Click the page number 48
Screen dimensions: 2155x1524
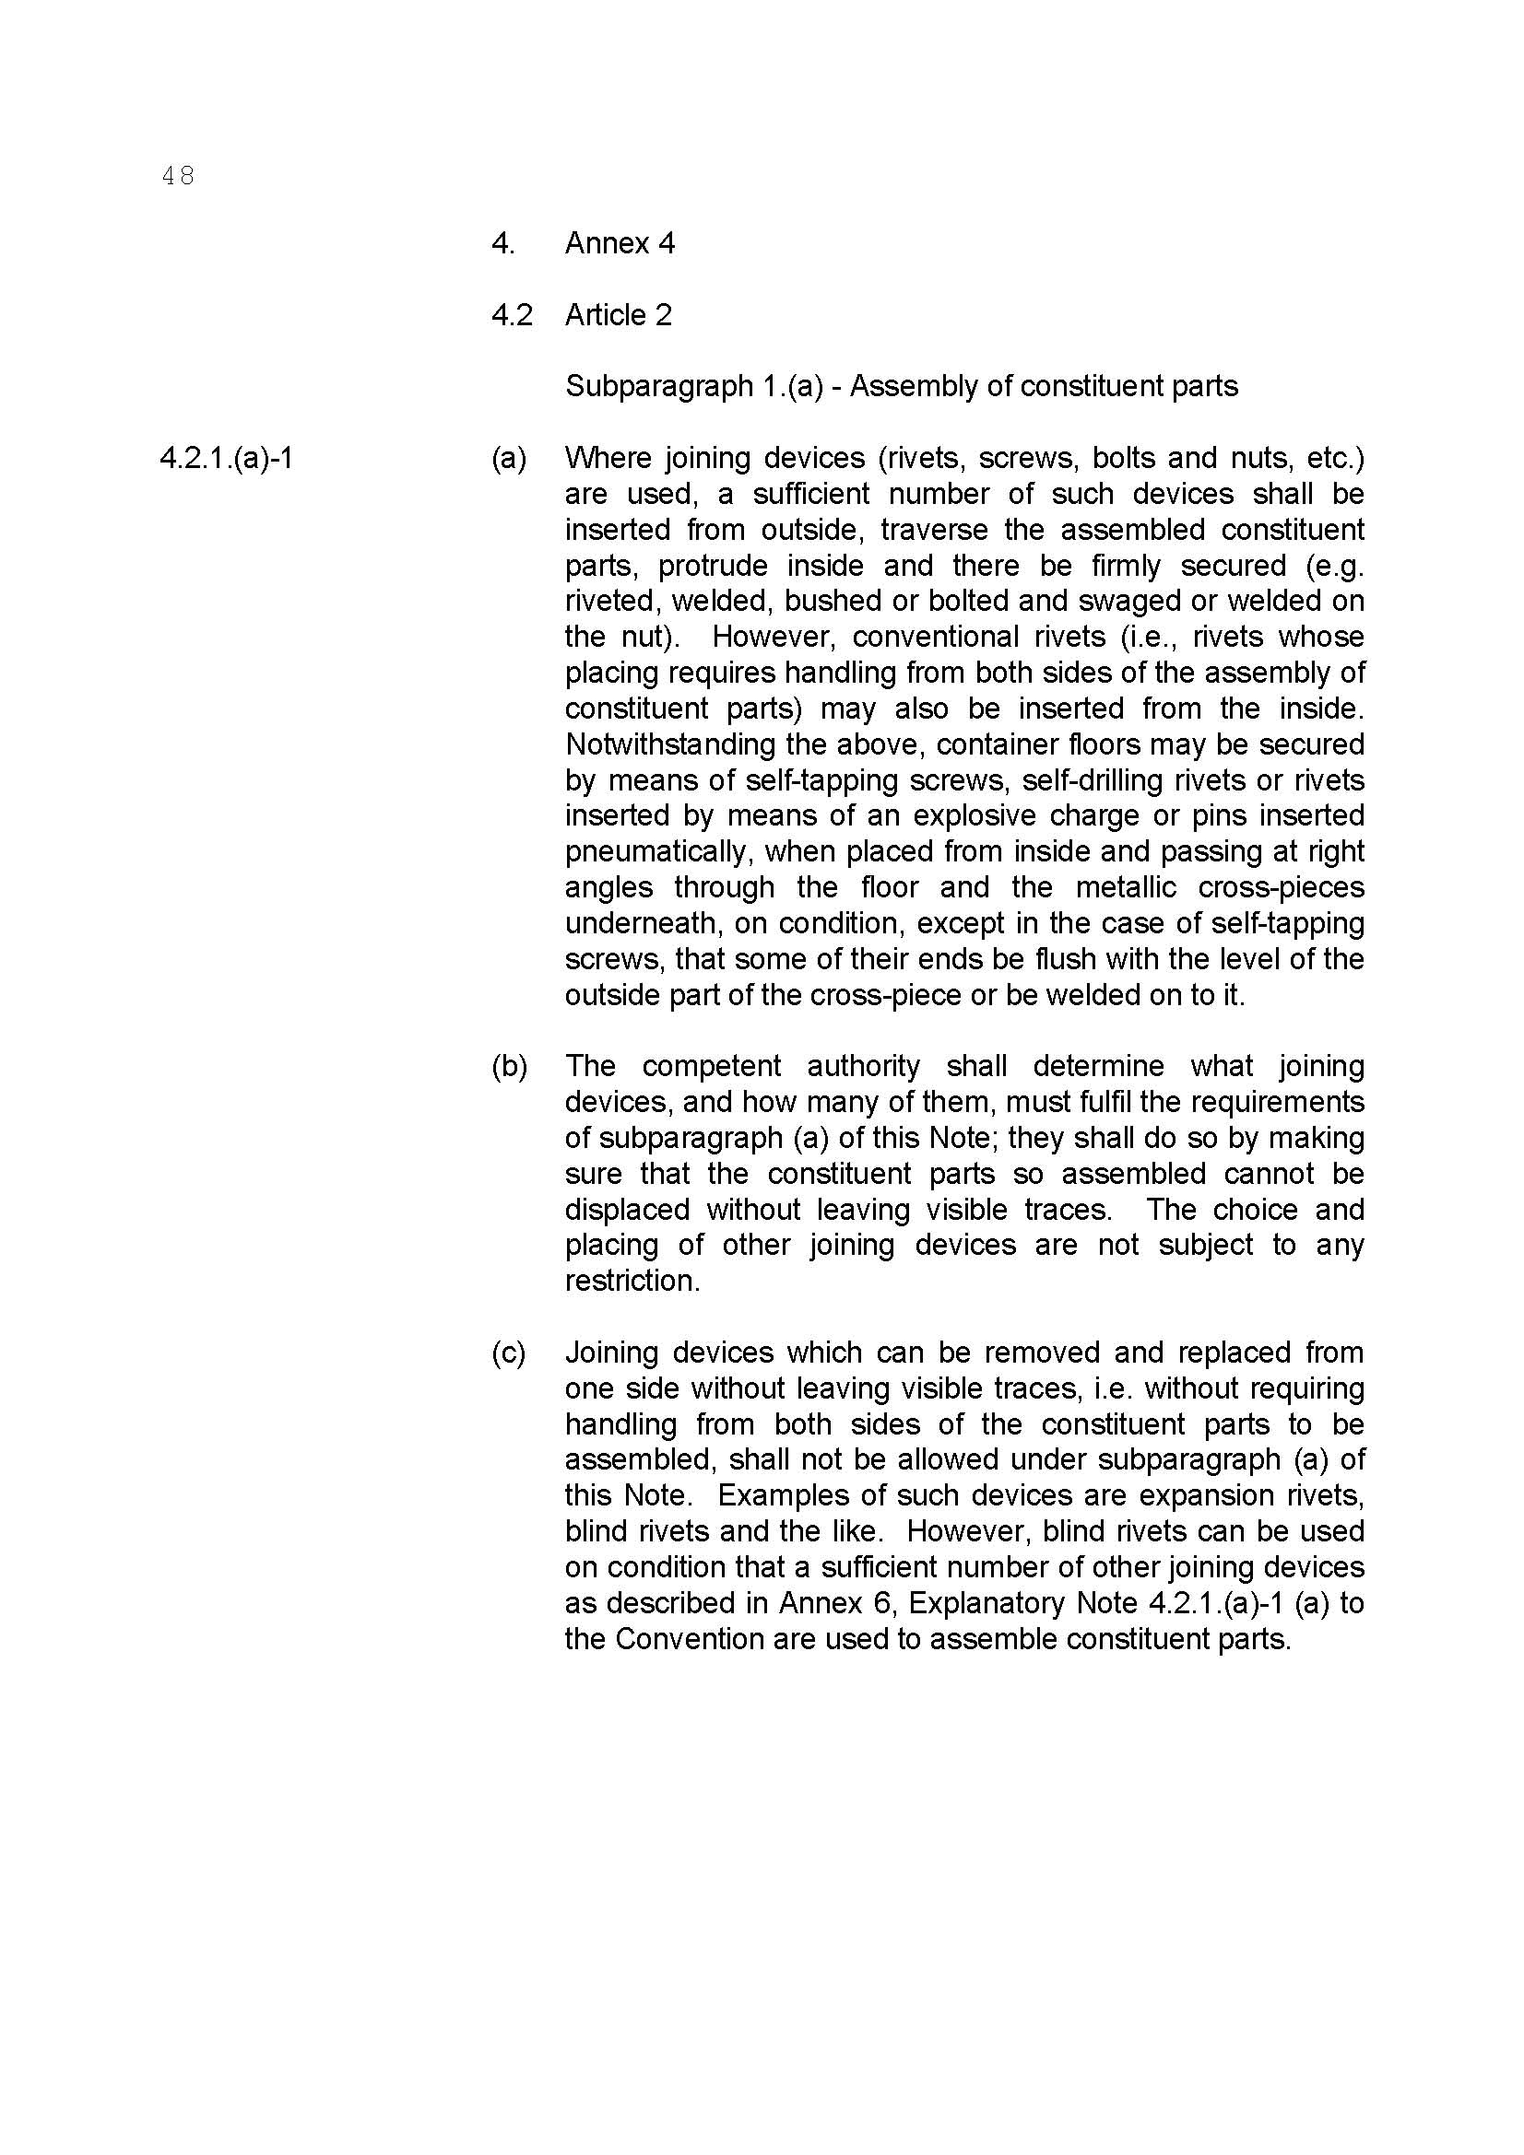point(177,176)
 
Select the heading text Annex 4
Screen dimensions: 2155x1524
point(619,244)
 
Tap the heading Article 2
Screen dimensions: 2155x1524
point(618,315)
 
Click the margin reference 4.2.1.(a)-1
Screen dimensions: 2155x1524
point(226,458)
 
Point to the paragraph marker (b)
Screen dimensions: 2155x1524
point(509,1066)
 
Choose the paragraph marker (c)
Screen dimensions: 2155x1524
point(508,1353)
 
